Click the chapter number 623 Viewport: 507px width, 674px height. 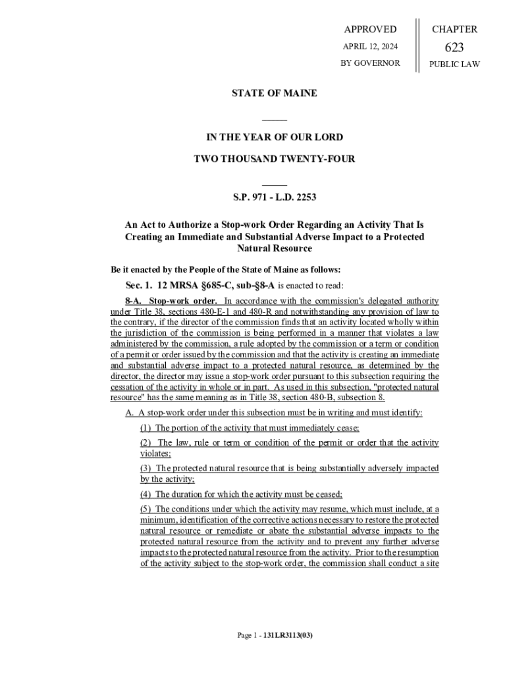point(454,47)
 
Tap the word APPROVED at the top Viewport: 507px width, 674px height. point(370,29)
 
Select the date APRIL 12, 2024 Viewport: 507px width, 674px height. point(370,46)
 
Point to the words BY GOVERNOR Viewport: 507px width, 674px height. point(370,63)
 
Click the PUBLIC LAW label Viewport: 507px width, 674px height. point(454,64)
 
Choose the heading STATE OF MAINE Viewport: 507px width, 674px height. point(274,93)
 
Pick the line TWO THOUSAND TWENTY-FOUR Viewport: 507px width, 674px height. point(274,159)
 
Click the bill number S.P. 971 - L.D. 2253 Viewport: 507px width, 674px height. point(274,197)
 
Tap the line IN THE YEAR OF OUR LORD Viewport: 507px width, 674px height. point(274,138)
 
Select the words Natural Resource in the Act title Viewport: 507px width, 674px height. point(274,249)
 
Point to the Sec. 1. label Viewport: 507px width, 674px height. point(139,285)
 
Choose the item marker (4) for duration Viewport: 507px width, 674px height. point(146,494)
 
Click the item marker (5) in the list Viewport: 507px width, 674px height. point(146,509)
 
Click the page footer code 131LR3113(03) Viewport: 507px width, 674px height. point(287,636)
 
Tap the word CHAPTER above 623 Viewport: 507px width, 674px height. point(454,29)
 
